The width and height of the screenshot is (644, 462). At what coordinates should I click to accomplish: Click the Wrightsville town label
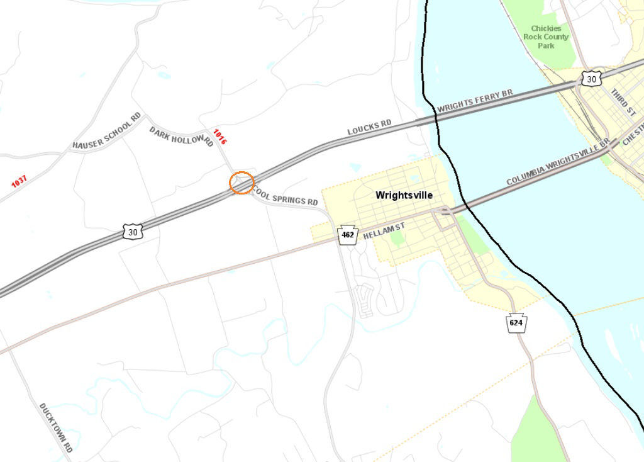pyautogui.click(x=404, y=195)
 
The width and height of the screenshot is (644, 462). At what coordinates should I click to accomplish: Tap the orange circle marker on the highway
pyautogui.click(x=241, y=183)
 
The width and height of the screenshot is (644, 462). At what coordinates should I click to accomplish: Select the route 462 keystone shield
pyautogui.click(x=347, y=235)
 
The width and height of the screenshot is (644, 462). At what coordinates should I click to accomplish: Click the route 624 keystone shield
pyautogui.click(x=516, y=323)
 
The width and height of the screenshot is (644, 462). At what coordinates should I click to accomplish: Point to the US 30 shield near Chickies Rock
pyautogui.click(x=590, y=78)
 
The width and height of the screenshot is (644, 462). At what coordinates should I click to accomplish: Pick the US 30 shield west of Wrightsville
pyautogui.click(x=133, y=232)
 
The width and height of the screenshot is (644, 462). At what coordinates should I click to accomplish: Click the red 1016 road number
pyautogui.click(x=219, y=137)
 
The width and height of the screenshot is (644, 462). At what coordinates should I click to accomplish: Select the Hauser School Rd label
pyautogui.click(x=107, y=132)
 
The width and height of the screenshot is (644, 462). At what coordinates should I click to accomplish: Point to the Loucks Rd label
pyautogui.click(x=370, y=127)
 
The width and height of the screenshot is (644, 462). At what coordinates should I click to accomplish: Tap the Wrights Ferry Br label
pyautogui.click(x=475, y=101)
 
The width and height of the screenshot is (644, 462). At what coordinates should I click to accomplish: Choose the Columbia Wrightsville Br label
pyautogui.click(x=558, y=163)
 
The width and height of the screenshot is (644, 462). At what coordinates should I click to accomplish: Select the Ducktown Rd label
pyautogui.click(x=56, y=427)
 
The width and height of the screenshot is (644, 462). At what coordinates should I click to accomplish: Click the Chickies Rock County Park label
pyautogui.click(x=545, y=37)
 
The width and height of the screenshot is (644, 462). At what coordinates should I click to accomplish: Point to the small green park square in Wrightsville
pyautogui.click(x=397, y=238)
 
